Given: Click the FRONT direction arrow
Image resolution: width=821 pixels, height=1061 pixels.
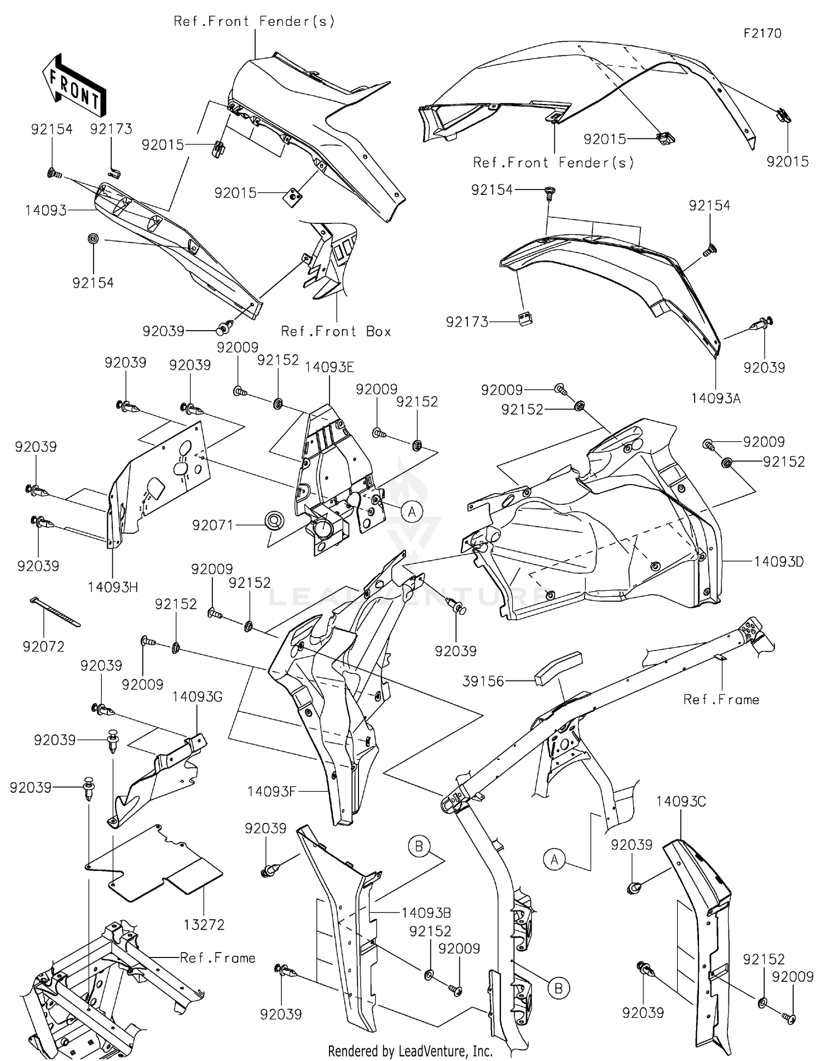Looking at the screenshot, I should [x=74, y=85].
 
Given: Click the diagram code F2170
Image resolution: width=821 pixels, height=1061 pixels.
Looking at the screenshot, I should [x=762, y=33].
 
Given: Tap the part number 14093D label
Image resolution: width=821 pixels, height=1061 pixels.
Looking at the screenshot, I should [x=778, y=562].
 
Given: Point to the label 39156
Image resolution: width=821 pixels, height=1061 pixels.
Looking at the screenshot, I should [x=483, y=682].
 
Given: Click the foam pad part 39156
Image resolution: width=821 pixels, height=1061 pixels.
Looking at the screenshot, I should [x=557, y=667].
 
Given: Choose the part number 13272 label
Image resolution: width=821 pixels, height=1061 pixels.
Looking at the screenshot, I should [x=204, y=925].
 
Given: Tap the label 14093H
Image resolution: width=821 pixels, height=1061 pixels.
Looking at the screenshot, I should [x=113, y=587].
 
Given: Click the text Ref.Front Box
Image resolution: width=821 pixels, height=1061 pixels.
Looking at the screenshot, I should [x=336, y=332].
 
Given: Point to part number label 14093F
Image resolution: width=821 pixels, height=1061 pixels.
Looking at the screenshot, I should [x=271, y=791].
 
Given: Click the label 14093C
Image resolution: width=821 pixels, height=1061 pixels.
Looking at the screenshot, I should [x=681, y=801].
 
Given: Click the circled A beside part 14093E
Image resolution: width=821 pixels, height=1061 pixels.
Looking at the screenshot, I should [x=412, y=512].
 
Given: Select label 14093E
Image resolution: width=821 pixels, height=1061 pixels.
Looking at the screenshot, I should [x=329, y=367].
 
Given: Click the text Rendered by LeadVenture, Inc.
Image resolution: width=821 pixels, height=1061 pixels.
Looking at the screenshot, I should [x=410, y=1051].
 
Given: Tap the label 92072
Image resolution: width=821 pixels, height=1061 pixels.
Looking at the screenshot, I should [x=43, y=647].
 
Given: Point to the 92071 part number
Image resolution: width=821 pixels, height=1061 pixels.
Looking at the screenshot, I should [x=212, y=526].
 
